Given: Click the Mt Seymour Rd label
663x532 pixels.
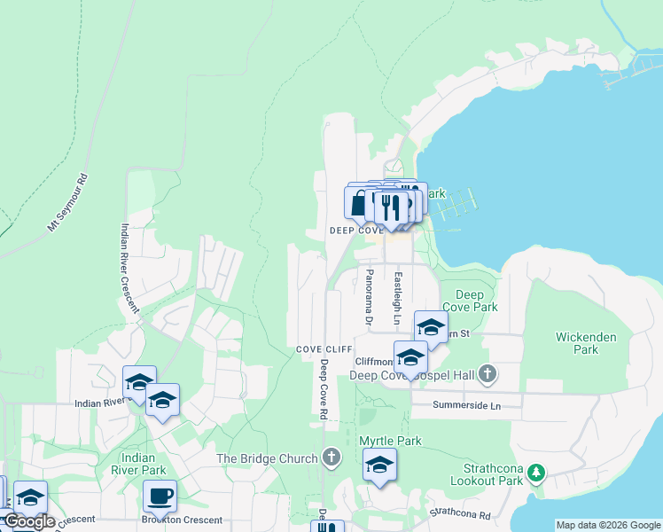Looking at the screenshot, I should [x=68, y=203].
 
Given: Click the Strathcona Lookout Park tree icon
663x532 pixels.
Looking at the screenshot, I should [x=535, y=472].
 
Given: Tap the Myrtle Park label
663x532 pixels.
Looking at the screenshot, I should [x=390, y=441].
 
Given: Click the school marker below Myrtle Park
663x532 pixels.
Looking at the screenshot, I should [x=379, y=465].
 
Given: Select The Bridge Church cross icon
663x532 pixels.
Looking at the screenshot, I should [x=331, y=458].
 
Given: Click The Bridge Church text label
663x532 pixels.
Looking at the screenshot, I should [x=267, y=458].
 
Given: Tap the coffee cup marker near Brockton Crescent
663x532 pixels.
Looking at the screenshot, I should [x=160, y=496].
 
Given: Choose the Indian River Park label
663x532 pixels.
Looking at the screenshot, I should [x=143, y=464].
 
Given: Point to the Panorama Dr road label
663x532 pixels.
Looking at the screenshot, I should [x=369, y=296].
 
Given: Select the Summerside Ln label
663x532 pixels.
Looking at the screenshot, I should [x=467, y=405].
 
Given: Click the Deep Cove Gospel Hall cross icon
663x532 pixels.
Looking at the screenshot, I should [x=487, y=375].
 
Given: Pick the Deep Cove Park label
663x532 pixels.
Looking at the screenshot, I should [x=476, y=301].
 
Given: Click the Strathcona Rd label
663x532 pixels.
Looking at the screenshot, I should [x=460, y=513].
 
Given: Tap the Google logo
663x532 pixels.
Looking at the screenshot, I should [x=28, y=522].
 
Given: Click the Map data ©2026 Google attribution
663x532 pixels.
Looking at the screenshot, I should [x=607, y=525].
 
